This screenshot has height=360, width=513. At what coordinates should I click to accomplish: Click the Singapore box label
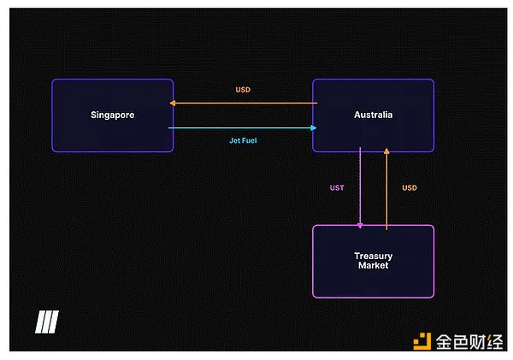tap(113, 115)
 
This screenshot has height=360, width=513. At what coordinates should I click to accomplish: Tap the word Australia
tap(374, 115)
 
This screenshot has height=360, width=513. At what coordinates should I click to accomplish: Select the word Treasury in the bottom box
tap(374, 257)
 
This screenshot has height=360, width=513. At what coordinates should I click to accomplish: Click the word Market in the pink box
tap(374, 265)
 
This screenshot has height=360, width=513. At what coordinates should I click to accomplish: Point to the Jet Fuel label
tap(243, 140)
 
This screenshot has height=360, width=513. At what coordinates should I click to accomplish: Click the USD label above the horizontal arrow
tap(243, 90)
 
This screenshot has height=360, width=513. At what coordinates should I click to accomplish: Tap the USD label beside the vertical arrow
tap(410, 188)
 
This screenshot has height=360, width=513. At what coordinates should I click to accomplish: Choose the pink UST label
tap(337, 188)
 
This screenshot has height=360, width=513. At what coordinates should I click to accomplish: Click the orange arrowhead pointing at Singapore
tap(173, 103)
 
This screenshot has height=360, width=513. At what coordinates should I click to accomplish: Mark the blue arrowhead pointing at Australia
tap(314, 128)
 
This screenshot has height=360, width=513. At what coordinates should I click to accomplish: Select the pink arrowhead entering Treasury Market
tap(360, 226)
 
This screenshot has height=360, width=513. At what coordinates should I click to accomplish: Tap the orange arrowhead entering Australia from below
tap(386, 150)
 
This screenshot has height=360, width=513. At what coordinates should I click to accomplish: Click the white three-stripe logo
tap(47, 322)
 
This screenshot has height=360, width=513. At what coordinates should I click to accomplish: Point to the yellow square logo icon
tap(422, 341)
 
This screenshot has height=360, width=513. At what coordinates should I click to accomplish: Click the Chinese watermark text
tap(469, 342)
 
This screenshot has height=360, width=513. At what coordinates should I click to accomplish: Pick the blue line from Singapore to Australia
tap(243, 128)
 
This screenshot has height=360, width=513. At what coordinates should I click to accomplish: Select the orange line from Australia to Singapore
tap(244, 103)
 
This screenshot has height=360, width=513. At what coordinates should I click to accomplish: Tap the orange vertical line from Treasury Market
tap(386, 189)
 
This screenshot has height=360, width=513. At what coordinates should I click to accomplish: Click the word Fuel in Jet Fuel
tap(249, 140)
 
